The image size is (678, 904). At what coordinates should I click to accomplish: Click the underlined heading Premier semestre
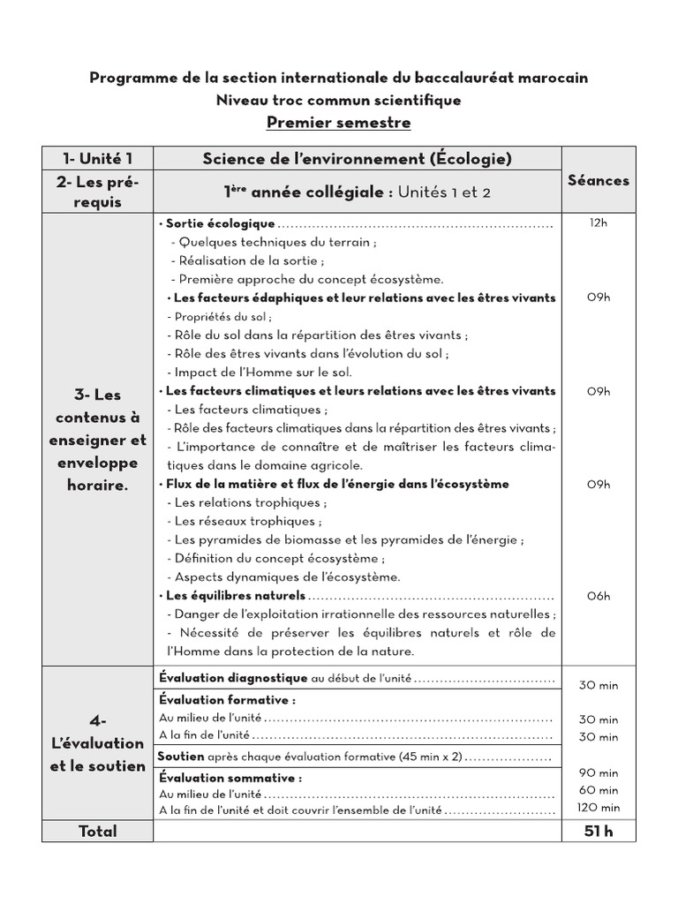click(x=339, y=123)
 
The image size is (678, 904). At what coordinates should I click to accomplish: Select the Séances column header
click(x=599, y=180)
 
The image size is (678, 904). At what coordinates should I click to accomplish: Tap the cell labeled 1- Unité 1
click(x=97, y=159)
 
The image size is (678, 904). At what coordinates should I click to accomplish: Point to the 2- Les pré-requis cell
click(x=97, y=192)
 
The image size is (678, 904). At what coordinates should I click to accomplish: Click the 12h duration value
click(x=599, y=223)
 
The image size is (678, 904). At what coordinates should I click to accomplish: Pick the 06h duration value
click(x=599, y=596)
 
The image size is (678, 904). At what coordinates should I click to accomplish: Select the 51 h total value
click(x=599, y=831)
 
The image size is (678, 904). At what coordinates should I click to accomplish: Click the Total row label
click(x=97, y=831)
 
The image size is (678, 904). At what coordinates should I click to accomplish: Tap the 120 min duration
click(x=599, y=808)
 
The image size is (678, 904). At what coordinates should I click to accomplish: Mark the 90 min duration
click(x=599, y=772)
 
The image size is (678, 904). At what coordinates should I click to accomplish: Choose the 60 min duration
click(x=599, y=790)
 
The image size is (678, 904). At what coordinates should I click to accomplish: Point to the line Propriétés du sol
click(x=219, y=316)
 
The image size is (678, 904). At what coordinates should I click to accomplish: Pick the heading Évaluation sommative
click(x=230, y=778)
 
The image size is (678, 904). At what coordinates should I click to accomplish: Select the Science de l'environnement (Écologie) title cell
click(x=357, y=159)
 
